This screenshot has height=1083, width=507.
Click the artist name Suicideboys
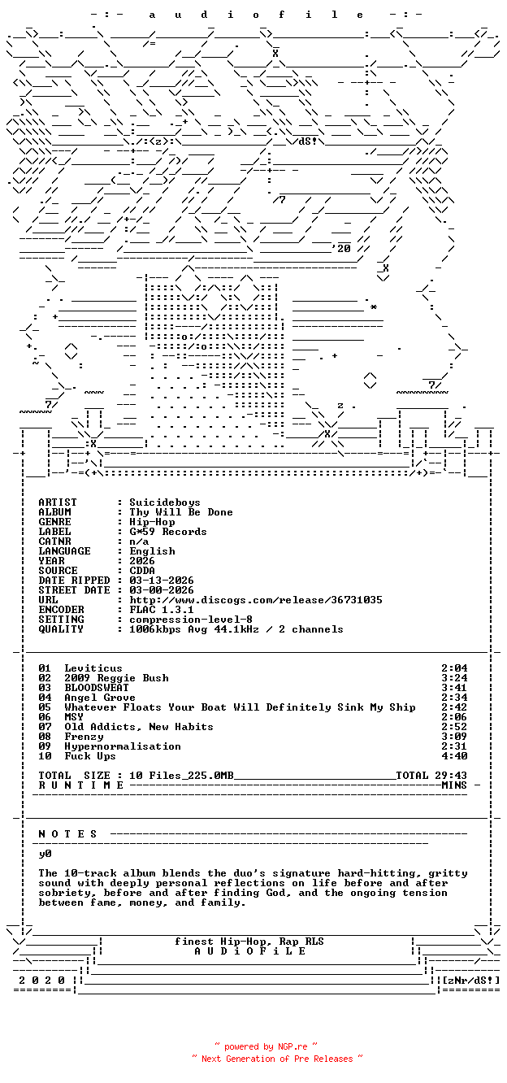(164, 502)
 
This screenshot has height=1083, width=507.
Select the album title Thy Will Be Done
(180, 512)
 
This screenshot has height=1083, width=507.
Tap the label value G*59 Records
(167, 532)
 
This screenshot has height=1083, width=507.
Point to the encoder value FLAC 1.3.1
(161, 610)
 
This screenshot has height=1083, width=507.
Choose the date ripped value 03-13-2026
(161, 581)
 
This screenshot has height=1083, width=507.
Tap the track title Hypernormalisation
(122, 746)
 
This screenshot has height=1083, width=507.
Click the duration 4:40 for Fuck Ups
(453, 756)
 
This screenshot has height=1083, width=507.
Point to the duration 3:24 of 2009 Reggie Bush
(453, 678)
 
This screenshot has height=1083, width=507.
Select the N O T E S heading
(68, 834)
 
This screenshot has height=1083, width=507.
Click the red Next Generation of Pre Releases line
(276, 1059)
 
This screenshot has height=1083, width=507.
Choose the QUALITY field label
(61, 629)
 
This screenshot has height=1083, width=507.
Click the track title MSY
(73, 717)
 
